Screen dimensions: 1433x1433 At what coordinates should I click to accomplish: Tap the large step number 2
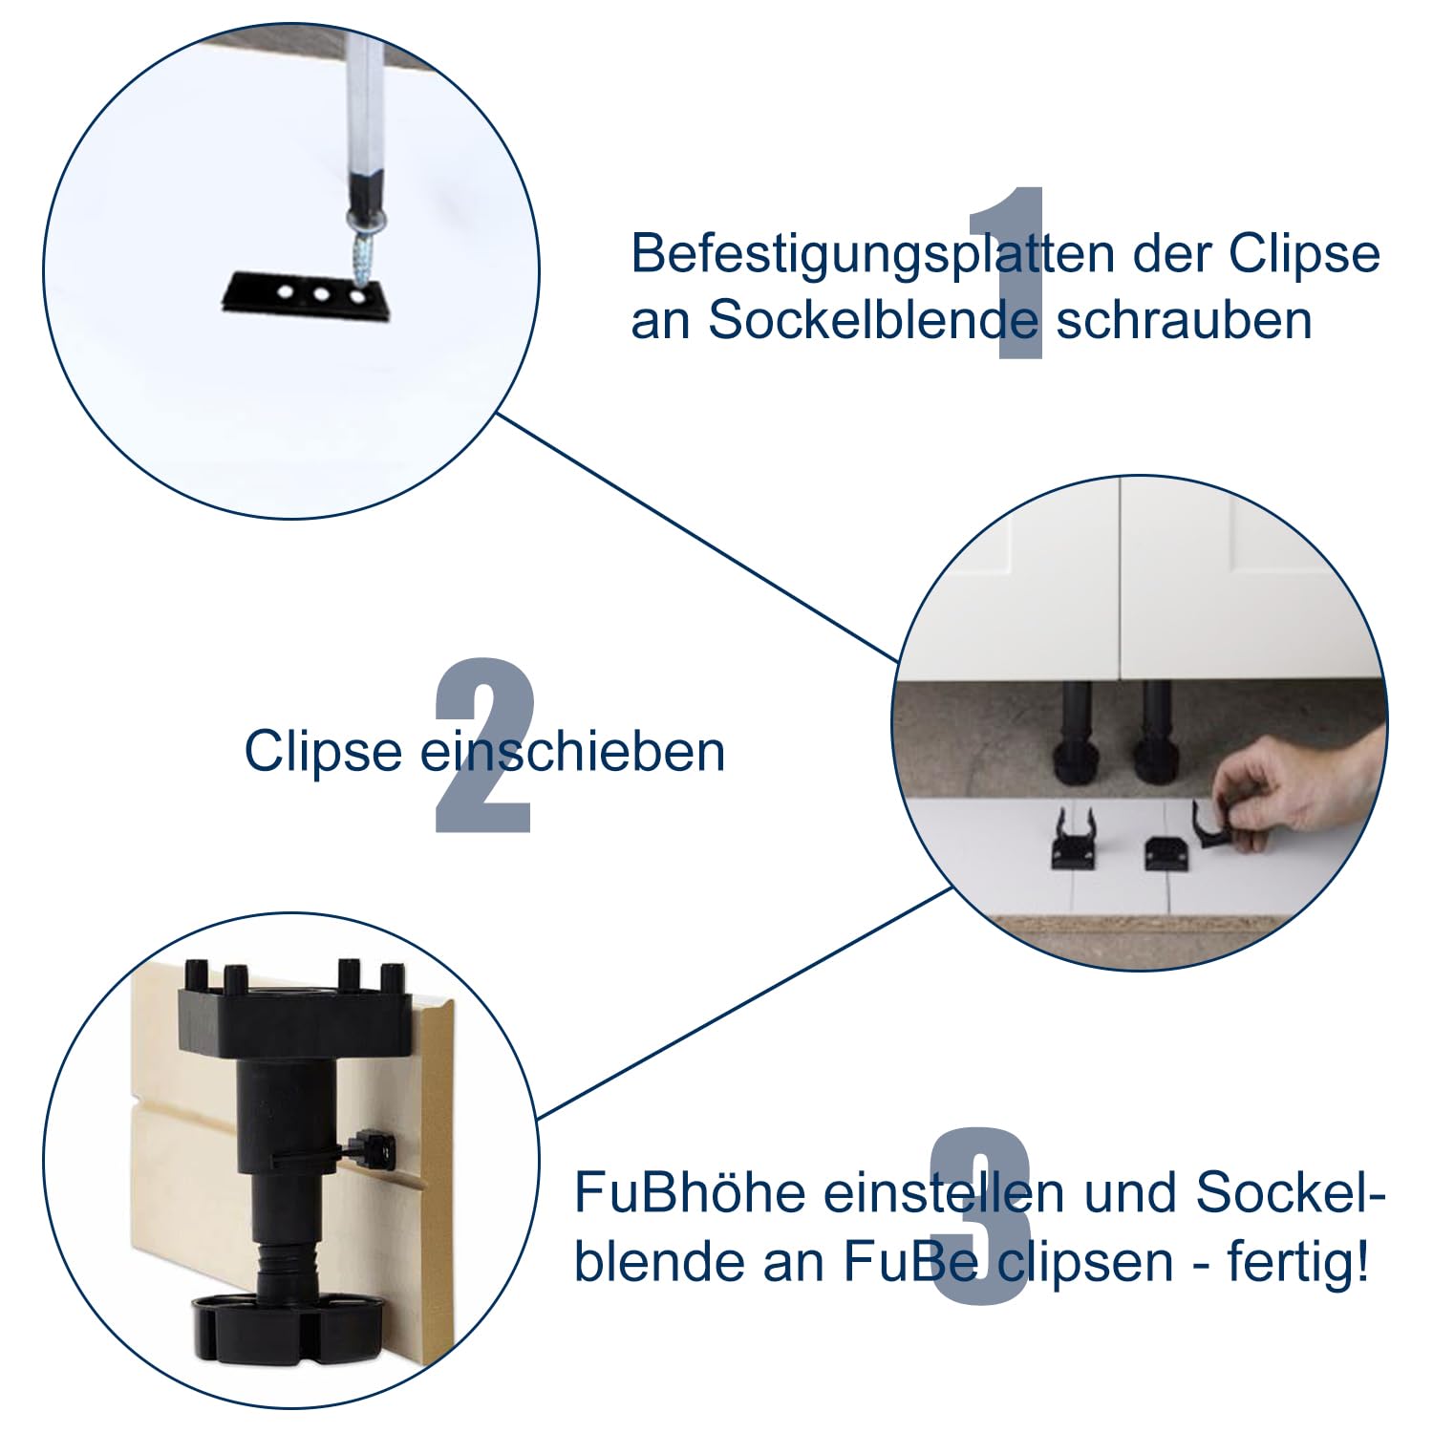click(483, 745)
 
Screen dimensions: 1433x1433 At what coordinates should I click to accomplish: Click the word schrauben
click(1184, 321)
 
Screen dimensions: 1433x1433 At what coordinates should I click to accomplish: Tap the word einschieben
click(572, 752)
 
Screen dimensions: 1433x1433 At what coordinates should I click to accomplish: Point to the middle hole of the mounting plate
click(321, 294)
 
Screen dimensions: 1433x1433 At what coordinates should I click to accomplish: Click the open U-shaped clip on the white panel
click(1074, 841)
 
